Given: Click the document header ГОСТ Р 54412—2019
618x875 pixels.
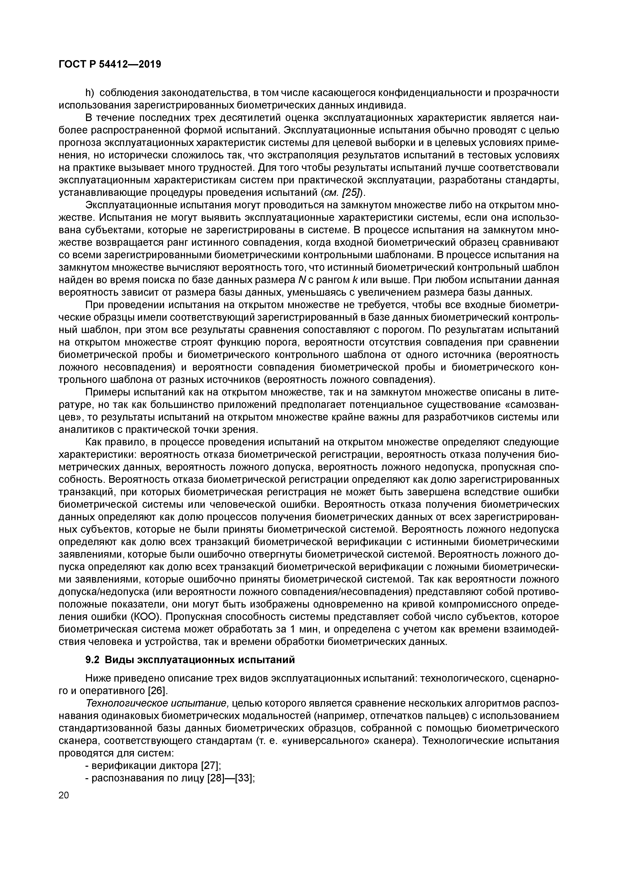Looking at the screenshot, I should tap(110, 64).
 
